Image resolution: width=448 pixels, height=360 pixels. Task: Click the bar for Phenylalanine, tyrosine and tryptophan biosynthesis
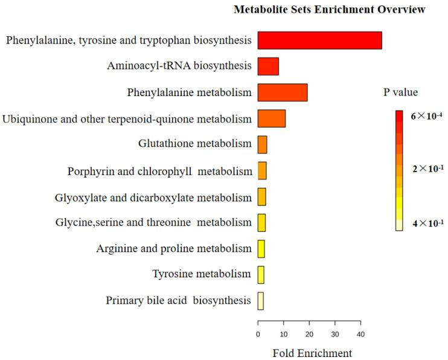point(319,40)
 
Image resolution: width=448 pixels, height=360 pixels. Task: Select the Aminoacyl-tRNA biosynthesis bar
point(268,66)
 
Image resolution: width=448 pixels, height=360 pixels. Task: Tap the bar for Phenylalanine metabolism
point(283,92)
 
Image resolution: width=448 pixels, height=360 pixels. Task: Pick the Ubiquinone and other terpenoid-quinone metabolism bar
point(272,119)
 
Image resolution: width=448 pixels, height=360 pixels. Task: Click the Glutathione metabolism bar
point(263,145)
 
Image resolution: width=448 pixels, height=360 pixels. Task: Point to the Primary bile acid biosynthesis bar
point(261,301)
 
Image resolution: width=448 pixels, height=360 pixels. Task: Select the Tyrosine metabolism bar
point(261,275)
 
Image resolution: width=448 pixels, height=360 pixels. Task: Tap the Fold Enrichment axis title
point(312,352)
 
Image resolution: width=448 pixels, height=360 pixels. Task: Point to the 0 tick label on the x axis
point(258,334)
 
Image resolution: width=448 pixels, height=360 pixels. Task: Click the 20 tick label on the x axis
point(309,334)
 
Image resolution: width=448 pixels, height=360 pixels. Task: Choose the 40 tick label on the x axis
point(360,334)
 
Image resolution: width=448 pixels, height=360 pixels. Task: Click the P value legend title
point(401,92)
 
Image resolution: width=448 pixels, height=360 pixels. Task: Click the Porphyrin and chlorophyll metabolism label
point(159,172)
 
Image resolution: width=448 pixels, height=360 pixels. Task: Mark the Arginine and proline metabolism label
point(174,249)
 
